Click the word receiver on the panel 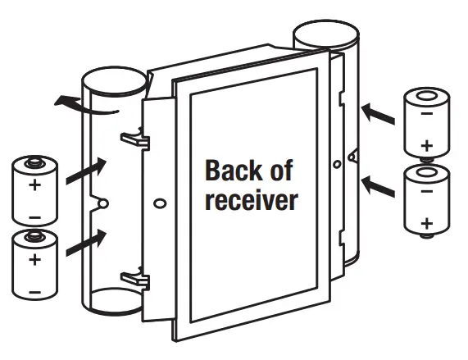[x=250, y=200]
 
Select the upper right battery [x=427, y=123]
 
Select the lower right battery [x=427, y=200]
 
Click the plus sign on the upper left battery [x=34, y=185]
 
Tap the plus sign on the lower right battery [x=426, y=223]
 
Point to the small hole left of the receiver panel [x=158, y=199]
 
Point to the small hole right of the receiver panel [x=337, y=164]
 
